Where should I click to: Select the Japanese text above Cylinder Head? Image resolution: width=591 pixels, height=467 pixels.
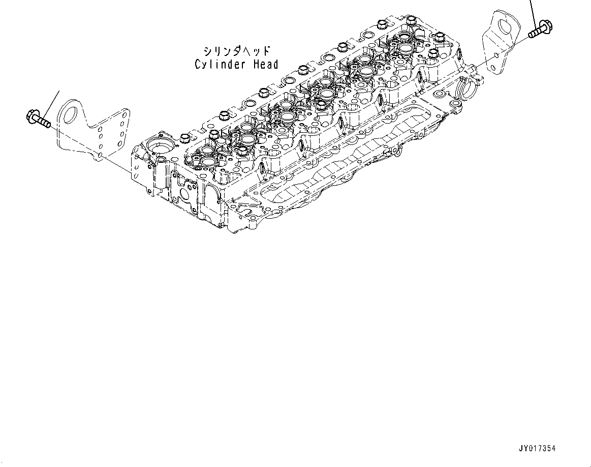[236, 51]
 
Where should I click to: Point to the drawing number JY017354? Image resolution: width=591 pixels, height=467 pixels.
[537, 448]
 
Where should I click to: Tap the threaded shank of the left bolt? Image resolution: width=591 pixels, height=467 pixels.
[44, 123]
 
